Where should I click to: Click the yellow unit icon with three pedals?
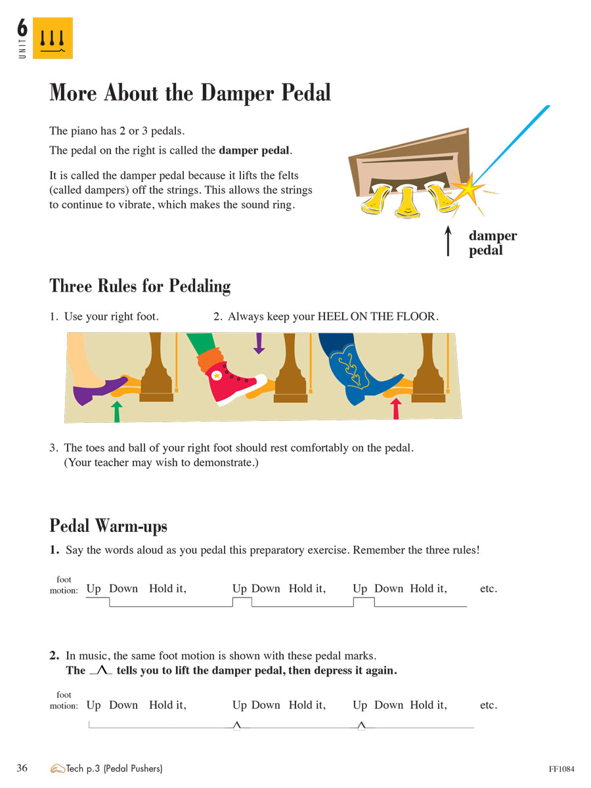[53, 38]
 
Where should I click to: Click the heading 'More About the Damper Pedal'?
[190, 93]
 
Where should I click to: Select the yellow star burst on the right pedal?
[471, 189]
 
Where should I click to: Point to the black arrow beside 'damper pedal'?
[449, 241]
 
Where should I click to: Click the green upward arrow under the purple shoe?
[117, 412]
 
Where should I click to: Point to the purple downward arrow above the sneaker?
[259, 343]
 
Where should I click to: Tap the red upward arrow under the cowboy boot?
[395, 408]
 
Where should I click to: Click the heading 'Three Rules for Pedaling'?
[140, 286]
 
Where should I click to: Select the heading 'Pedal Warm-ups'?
[108, 526]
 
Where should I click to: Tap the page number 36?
[22, 768]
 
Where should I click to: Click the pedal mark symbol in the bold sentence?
[100, 670]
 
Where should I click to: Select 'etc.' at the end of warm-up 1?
[488, 588]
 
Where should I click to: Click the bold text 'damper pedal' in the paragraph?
[254, 150]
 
